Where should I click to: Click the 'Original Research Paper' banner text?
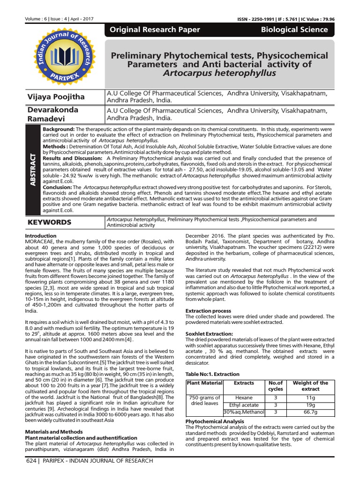point(155,30)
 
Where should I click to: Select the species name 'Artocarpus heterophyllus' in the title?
point(219,73)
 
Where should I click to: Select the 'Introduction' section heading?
point(40,236)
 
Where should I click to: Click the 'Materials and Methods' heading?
point(53,431)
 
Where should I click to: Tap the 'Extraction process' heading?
point(208,311)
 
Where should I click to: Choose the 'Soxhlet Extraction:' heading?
point(209,333)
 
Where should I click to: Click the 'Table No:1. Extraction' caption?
point(213,374)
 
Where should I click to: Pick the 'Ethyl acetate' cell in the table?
point(244,405)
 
